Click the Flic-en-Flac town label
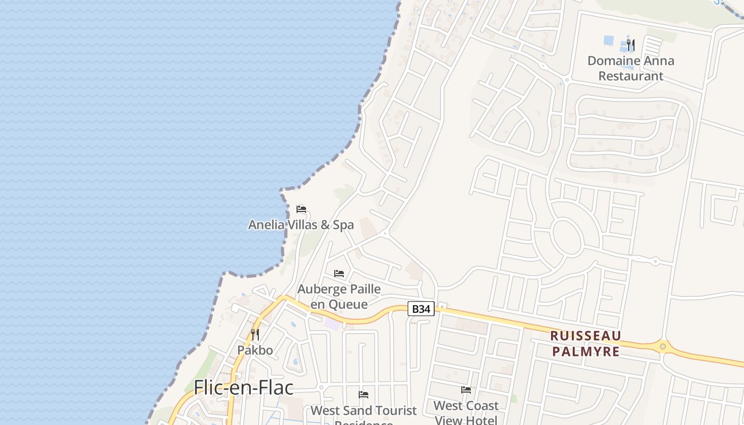click(243, 387)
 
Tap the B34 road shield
click(421, 309)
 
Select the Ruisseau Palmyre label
click(585, 343)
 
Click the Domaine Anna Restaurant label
click(631, 68)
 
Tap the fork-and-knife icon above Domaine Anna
click(631, 45)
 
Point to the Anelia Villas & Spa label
click(301, 225)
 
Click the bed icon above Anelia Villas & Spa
click(301, 209)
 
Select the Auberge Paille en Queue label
click(339, 296)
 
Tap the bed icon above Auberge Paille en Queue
click(339, 274)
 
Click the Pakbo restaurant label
click(255, 350)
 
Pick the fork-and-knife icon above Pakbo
click(255, 334)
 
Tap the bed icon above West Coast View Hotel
click(466, 389)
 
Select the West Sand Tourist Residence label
click(363, 414)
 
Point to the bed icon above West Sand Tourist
click(363, 394)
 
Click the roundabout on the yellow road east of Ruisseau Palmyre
click(663, 347)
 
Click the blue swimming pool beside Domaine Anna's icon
click(609, 40)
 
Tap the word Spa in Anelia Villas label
click(343, 225)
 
